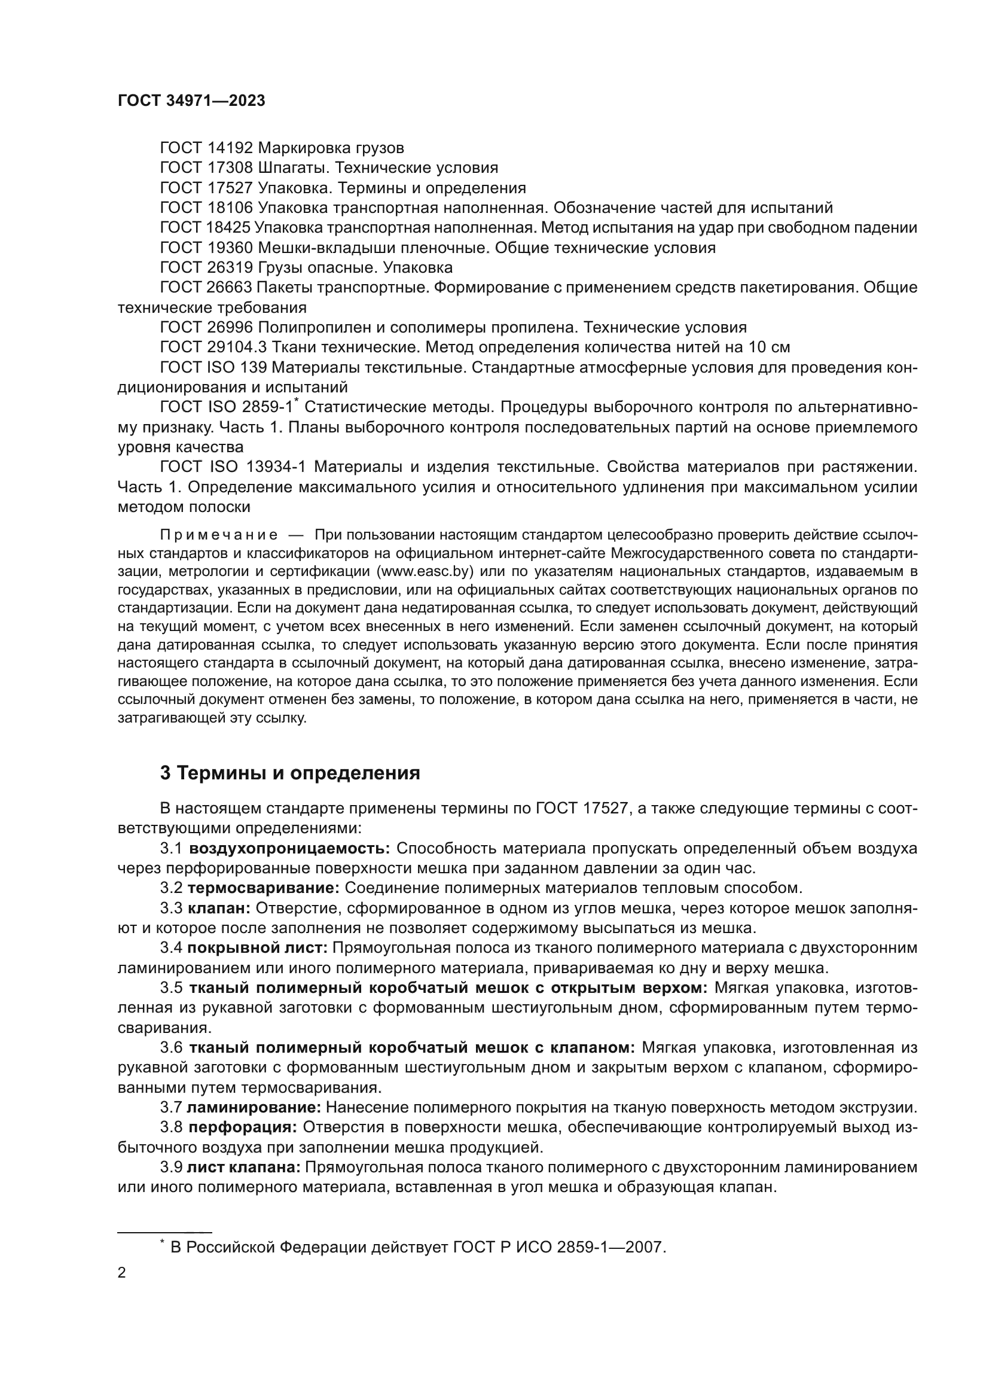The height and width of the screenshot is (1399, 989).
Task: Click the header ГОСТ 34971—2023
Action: pos(191,101)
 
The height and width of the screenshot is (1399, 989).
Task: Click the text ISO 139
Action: pos(234,368)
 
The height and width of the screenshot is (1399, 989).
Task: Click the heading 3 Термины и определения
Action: pos(290,773)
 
